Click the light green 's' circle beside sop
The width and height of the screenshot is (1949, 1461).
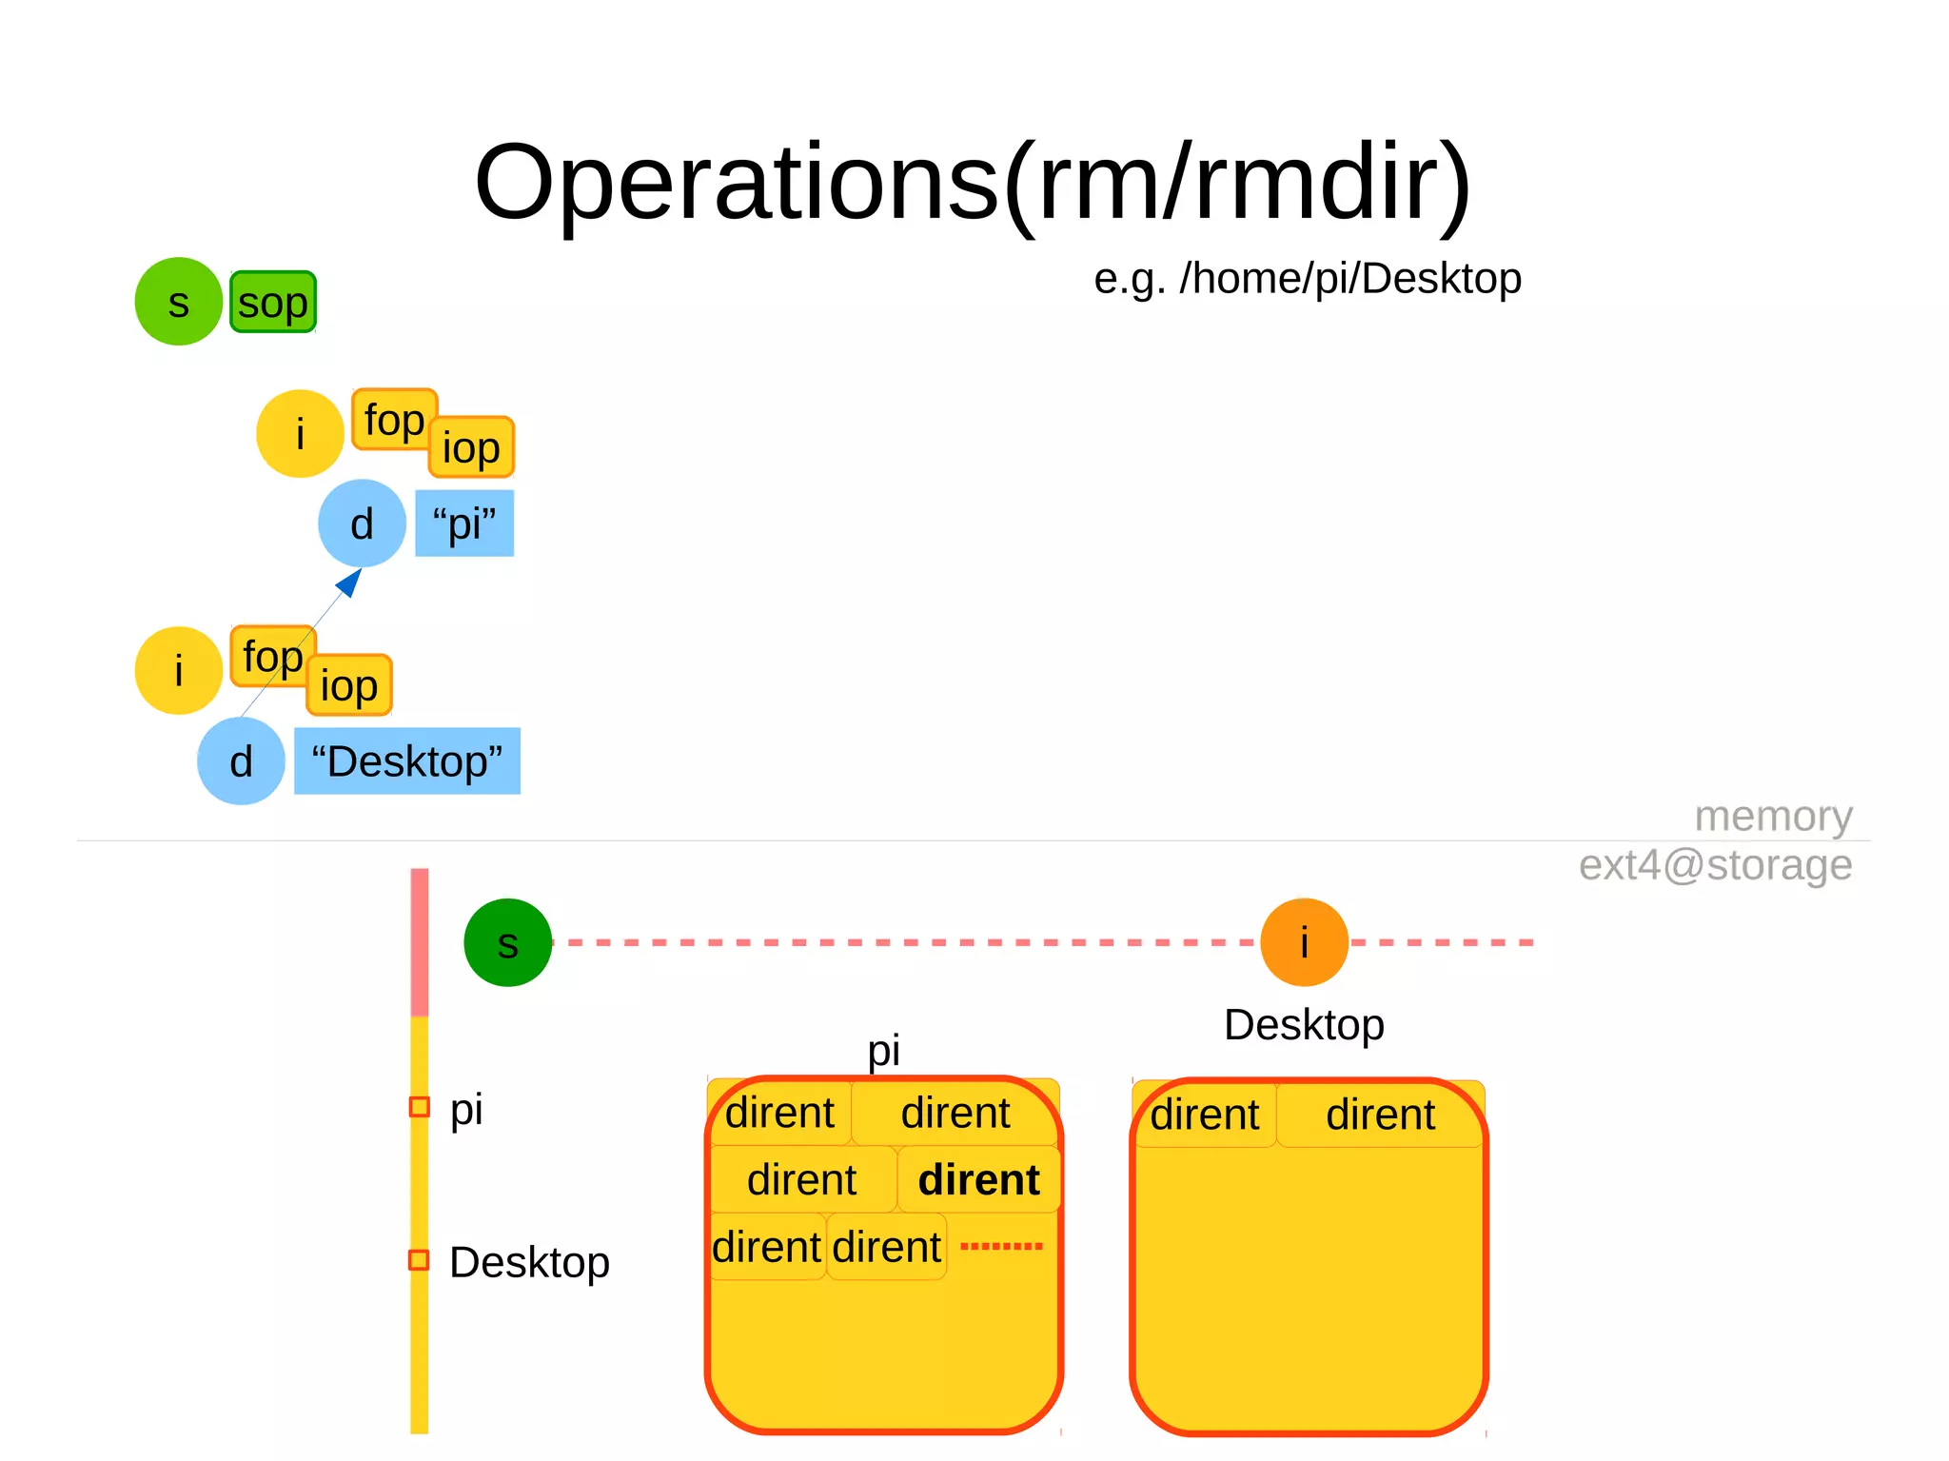pyautogui.click(x=178, y=302)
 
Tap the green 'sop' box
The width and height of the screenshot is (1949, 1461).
pyautogui.click(x=273, y=303)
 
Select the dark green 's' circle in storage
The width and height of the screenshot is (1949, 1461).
pyautogui.click(x=507, y=942)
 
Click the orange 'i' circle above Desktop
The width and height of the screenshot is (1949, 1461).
pyautogui.click(x=1304, y=942)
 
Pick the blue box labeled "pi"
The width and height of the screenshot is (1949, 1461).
pyautogui.click(x=464, y=523)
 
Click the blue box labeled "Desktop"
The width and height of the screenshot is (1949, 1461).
pyautogui.click(x=407, y=761)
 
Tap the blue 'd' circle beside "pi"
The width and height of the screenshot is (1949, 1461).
pyautogui.click(x=362, y=523)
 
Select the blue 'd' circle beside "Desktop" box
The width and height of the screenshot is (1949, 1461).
pyautogui.click(x=241, y=761)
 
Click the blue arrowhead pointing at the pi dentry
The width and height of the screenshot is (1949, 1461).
pyautogui.click(x=351, y=582)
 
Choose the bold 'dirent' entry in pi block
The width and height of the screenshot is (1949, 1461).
pyautogui.click(x=978, y=1180)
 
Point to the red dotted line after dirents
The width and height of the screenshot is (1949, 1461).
pyautogui.click(x=1001, y=1246)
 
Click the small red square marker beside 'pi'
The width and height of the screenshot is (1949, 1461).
pyautogui.click(x=419, y=1107)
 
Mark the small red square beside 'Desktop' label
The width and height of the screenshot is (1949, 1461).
pyautogui.click(x=419, y=1260)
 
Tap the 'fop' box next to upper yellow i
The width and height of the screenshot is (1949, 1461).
pyautogui.click(x=393, y=420)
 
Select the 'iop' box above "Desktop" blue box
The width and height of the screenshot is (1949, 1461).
pyautogui.click(x=349, y=685)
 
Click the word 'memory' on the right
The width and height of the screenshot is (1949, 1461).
pyautogui.click(x=1773, y=817)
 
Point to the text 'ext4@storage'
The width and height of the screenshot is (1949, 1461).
pyautogui.click(x=1715, y=865)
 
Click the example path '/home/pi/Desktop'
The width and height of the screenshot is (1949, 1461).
pyautogui.click(x=1349, y=279)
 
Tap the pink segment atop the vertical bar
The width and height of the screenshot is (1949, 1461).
pyautogui.click(x=420, y=942)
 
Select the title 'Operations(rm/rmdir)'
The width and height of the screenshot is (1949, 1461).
pyautogui.click(x=973, y=181)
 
